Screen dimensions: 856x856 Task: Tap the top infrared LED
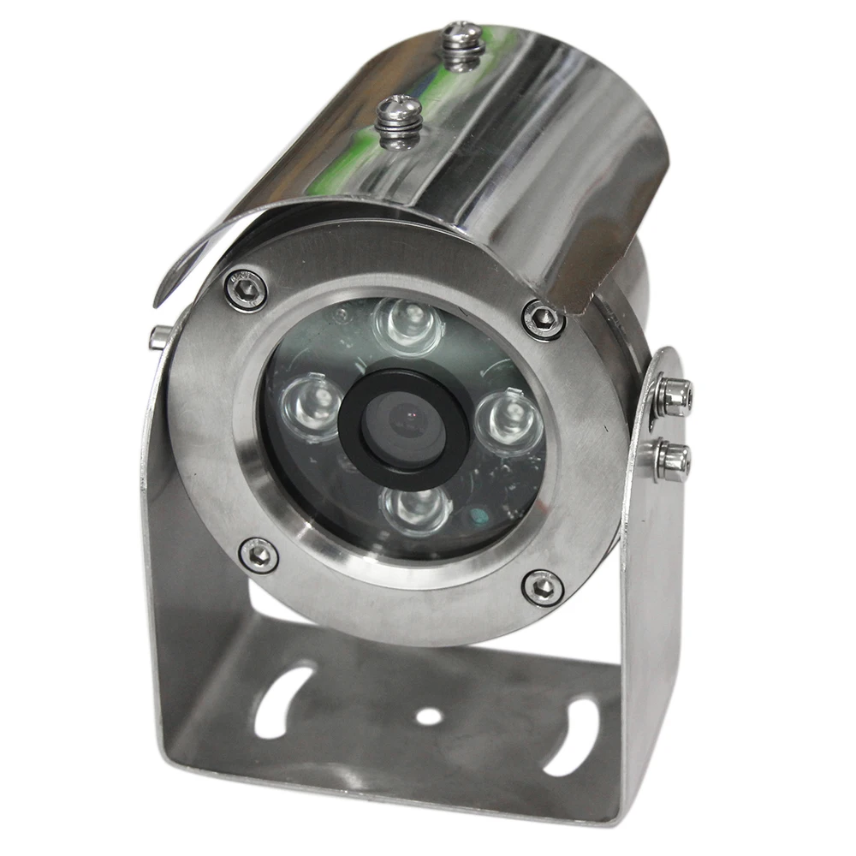click(x=407, y=323)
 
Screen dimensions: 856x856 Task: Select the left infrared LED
click(x=310, y=401)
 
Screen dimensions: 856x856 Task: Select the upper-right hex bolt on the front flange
click(x=543, y=319)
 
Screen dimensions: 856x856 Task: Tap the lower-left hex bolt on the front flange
click(x=258, y=555)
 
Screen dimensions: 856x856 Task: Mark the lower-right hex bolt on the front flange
click(x=542, y=587)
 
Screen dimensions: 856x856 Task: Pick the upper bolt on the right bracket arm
click(x=672, y=395)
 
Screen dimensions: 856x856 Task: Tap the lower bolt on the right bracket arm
click(x=672, y=460)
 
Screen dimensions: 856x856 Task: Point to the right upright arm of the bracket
click(x=655, y=599)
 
